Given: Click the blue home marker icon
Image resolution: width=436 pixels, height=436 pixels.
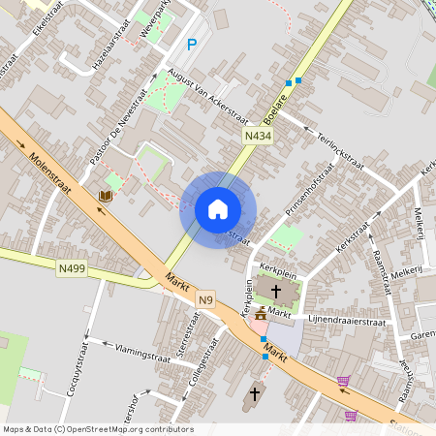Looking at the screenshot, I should pyautogui.click(x=217, y=209).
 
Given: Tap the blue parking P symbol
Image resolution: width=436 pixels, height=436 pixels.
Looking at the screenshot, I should pyautogui.click(x=192, y=44).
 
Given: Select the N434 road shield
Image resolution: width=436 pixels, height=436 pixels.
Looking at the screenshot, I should pyautogui.click(x=258, y=138).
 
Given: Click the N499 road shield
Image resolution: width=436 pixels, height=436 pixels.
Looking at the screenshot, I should pyautogui.click(x=71, y=268).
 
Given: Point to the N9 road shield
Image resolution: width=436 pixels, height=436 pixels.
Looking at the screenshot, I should pyautogui.click(x=205, y=300).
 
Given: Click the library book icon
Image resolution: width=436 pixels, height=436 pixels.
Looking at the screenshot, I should pyautogui.click(x=106, y=196).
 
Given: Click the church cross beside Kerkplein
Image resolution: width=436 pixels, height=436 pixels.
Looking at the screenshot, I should pyautogui.click(x=276, y=291).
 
